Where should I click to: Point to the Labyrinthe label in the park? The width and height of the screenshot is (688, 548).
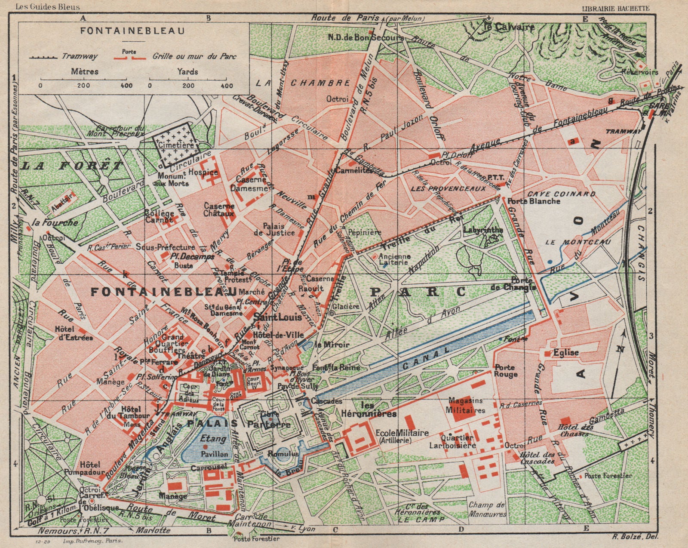483,230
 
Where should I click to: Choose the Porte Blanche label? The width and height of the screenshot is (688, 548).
534,201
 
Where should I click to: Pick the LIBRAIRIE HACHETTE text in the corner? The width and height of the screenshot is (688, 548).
615,7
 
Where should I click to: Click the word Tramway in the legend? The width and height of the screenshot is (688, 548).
80,56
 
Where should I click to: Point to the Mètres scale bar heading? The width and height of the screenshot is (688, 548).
84,71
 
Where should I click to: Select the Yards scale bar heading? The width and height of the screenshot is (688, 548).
187,71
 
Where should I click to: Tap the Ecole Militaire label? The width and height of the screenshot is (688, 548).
396,436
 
